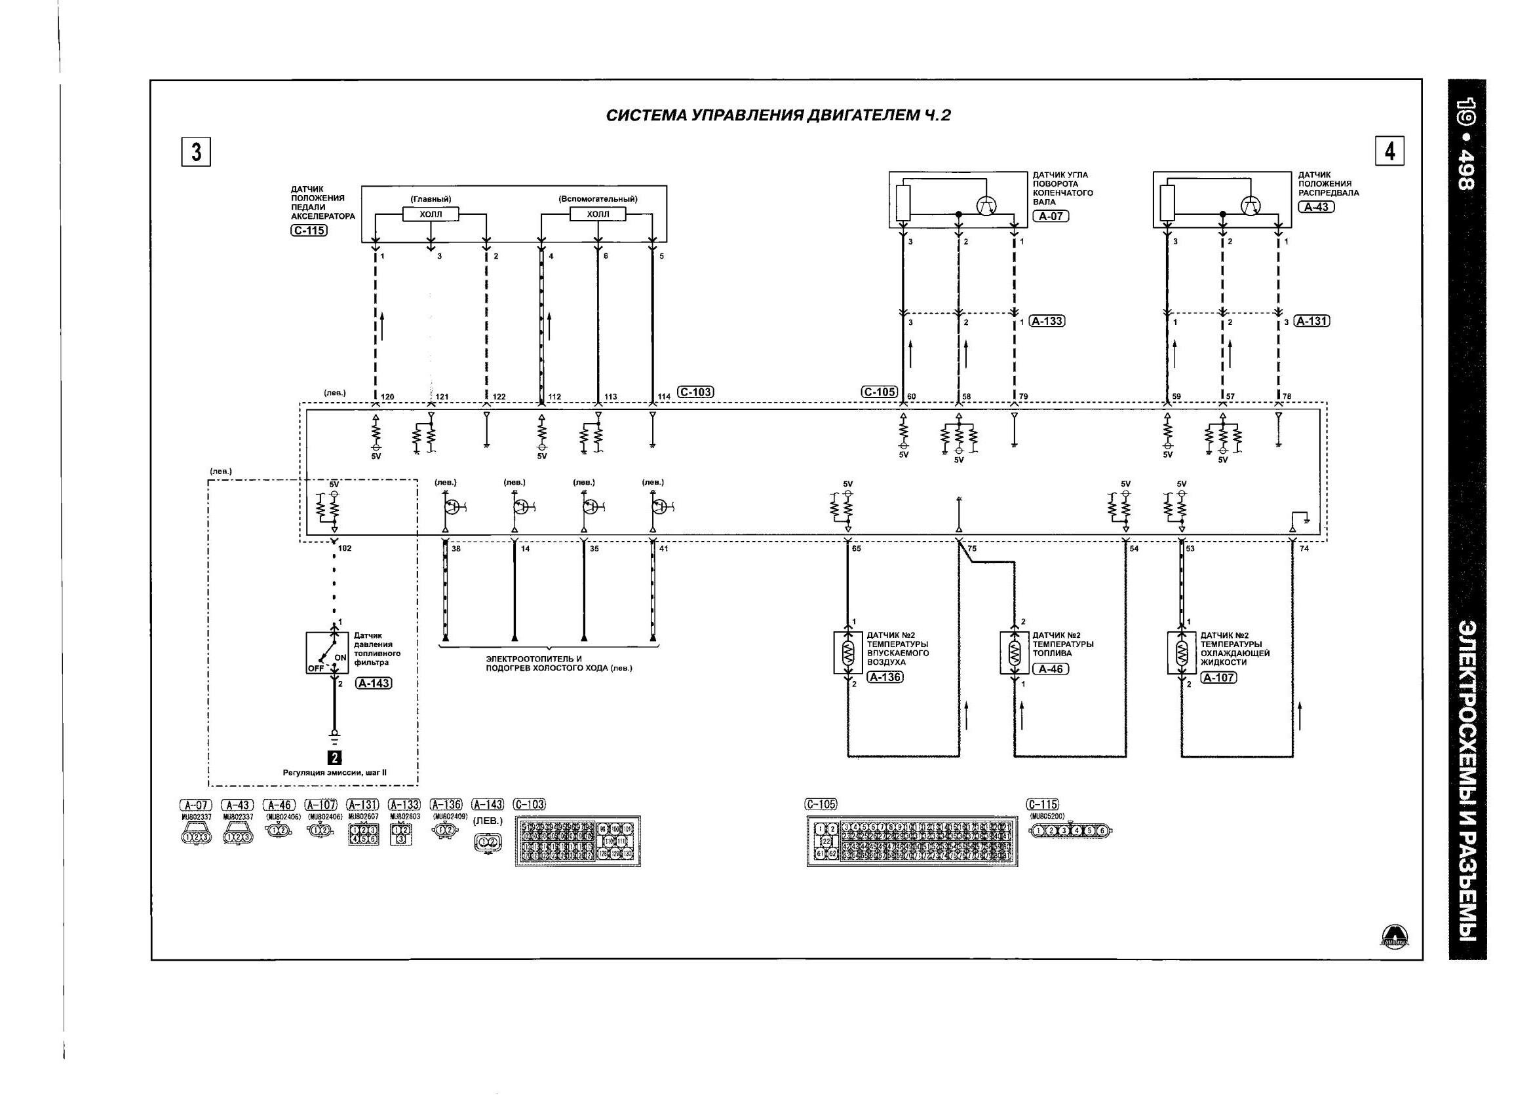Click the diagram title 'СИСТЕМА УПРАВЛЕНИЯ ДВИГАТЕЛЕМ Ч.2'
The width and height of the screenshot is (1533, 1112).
click(778, 115)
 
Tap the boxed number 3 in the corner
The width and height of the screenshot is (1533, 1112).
click(196, 152)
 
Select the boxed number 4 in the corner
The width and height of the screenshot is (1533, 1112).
click(1389, 151)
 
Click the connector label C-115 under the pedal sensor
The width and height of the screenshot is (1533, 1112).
click(309, 231)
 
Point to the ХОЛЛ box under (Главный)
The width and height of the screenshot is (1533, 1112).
click(430, 214)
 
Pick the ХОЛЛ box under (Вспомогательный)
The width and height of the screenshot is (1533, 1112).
click(598, 214)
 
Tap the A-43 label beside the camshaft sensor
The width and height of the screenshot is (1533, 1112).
click(1315, 207)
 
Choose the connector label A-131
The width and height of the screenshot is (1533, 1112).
click(1311, 321)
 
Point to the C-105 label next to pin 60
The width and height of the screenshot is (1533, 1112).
click(879, 392)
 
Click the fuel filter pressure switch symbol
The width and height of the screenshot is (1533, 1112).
click(327, 654)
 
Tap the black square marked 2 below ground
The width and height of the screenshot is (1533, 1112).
click(334, 758)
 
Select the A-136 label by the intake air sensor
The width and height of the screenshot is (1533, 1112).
click(885, 677)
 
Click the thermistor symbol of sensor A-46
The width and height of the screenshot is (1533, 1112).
click(1014, 654)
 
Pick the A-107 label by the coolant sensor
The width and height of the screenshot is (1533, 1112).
click(1218, 678)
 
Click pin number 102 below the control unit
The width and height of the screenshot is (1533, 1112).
click(345, 549)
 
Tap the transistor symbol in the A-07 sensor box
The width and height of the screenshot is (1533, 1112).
click(988, 206)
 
